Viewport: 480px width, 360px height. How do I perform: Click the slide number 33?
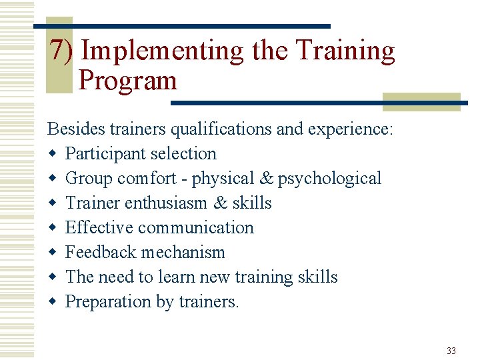(x=451, y=351)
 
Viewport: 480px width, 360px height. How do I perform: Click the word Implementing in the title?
(x=163, y=51)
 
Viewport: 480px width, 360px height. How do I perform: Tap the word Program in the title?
(x=127, y=81)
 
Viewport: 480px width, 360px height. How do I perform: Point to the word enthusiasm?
(x=177, y=203)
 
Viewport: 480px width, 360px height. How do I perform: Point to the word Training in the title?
(x=345, y=51)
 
